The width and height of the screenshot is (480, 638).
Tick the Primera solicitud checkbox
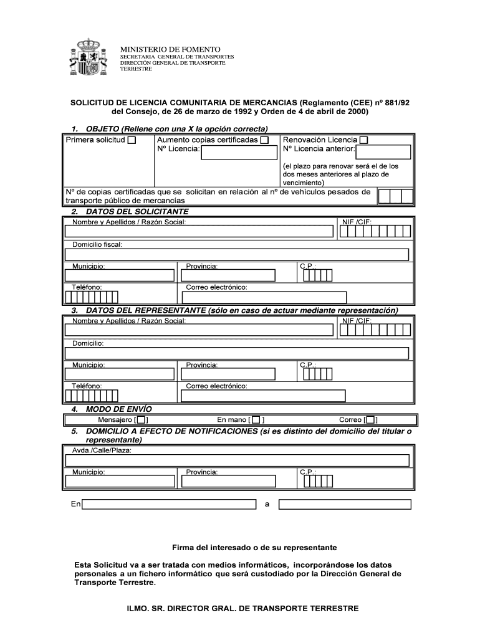pyautogui.click(x=132, y=140)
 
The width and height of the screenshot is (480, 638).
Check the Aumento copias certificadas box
pyautogui.click(x=265, y=140)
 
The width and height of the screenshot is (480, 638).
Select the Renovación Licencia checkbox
pyautogui.click(x=364, y=140)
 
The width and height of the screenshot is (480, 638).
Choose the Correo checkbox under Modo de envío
pyautogui.click(x=371, y=420)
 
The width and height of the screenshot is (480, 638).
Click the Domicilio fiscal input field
pyautogui.click(x=237, y=254)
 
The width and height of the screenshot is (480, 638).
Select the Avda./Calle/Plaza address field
pyautogui.click(x=237, y=460)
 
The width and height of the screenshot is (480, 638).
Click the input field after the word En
pyautogui.click(x=170, y=504)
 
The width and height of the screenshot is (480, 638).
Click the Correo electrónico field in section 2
pyautogui.click(x=266, y=297)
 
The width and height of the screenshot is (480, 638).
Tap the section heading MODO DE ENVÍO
pyautogui.click(x=118, y=409)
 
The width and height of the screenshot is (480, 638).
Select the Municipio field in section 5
pyautogui.click(x=120, y=482)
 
